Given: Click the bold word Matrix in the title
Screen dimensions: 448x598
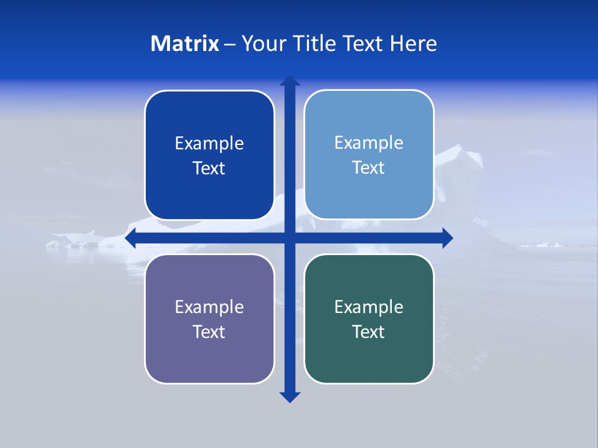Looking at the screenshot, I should pos(185,44).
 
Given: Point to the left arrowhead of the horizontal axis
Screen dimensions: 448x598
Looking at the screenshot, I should pos(131,238).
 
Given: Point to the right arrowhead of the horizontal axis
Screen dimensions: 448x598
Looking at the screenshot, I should pos(447,238).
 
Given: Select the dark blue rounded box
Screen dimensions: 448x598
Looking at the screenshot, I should pos(209,187).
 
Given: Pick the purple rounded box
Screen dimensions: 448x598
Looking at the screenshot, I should pos(209,355).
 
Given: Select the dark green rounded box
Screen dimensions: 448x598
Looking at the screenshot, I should pos(369,355).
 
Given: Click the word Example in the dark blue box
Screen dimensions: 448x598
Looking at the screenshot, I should pos(209,144).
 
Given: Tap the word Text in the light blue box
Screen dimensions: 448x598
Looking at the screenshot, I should pos(369,168).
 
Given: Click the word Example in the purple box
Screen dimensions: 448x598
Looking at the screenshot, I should pos(209,307).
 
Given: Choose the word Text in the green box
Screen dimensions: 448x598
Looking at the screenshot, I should pos(369,332).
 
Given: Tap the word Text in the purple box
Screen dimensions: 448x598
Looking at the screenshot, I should pos(209,332).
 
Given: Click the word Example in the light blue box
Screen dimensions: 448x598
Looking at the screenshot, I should pos(369,143).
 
